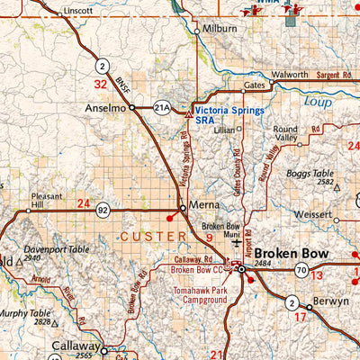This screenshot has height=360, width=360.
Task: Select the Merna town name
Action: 204,207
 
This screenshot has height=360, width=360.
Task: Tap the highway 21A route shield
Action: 161,106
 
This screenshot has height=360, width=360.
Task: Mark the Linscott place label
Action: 76,12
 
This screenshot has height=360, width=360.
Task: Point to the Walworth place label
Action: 290,74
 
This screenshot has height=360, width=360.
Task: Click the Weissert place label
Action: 309,214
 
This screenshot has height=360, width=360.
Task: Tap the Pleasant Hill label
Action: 46,201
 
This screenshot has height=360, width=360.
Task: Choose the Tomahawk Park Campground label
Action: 199,296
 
